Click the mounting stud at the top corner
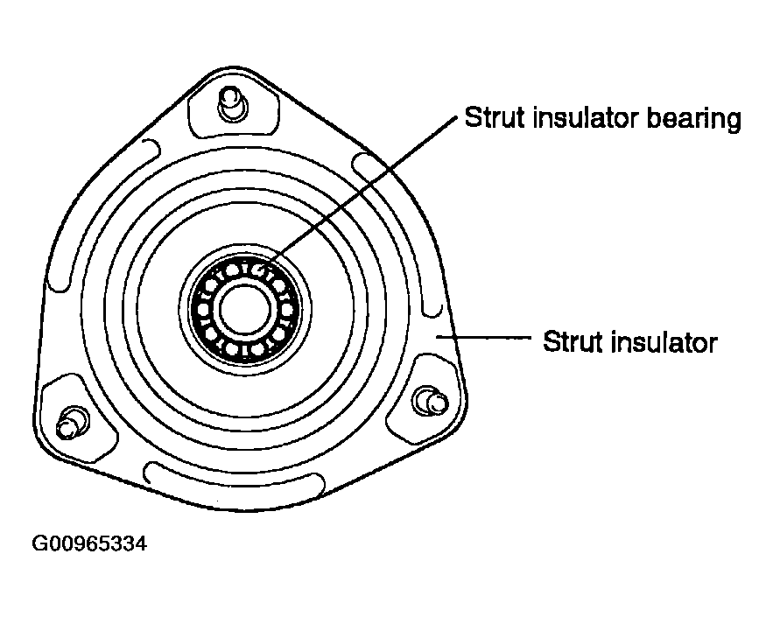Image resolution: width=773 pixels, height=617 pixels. tap(232, 104)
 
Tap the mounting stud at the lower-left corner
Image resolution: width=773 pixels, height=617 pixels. tap(72, 423)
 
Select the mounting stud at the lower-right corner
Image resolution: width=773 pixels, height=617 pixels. tap(431, 401)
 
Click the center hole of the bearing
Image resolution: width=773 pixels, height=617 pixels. tap(244, 309)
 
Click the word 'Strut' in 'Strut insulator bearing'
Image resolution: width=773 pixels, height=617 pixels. tap(495, 117)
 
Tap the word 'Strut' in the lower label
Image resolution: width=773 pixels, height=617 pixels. tap(573, 341)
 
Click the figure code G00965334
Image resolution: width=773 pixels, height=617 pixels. tap(89, 544)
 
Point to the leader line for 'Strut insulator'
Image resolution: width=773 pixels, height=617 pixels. tap(483, 338)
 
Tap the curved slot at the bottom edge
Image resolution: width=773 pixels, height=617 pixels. tap(233, 480)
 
